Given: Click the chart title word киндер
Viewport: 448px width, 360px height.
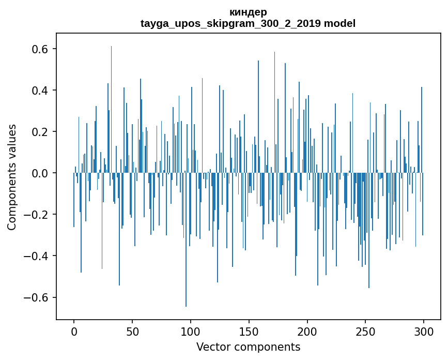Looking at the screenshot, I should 248,12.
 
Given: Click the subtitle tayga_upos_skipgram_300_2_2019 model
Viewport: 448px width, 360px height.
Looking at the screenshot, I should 248,23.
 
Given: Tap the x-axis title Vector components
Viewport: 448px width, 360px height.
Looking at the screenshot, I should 248,347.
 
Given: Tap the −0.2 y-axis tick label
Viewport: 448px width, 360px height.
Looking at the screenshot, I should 38,215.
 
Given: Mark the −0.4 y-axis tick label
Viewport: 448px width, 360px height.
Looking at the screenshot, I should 38,256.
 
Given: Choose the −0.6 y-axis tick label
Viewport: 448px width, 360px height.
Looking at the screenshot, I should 38,297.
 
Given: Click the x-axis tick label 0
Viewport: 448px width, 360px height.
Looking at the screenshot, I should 74,331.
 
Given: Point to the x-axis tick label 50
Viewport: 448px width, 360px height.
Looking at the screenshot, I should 132,331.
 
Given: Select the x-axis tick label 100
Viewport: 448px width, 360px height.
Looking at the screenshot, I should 191,331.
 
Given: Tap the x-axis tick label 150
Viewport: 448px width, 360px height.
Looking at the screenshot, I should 249,331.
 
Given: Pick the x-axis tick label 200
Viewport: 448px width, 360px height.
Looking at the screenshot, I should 307,331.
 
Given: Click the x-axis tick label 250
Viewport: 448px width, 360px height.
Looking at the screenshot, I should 366,331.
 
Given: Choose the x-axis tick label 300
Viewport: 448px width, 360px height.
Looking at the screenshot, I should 424,331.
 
